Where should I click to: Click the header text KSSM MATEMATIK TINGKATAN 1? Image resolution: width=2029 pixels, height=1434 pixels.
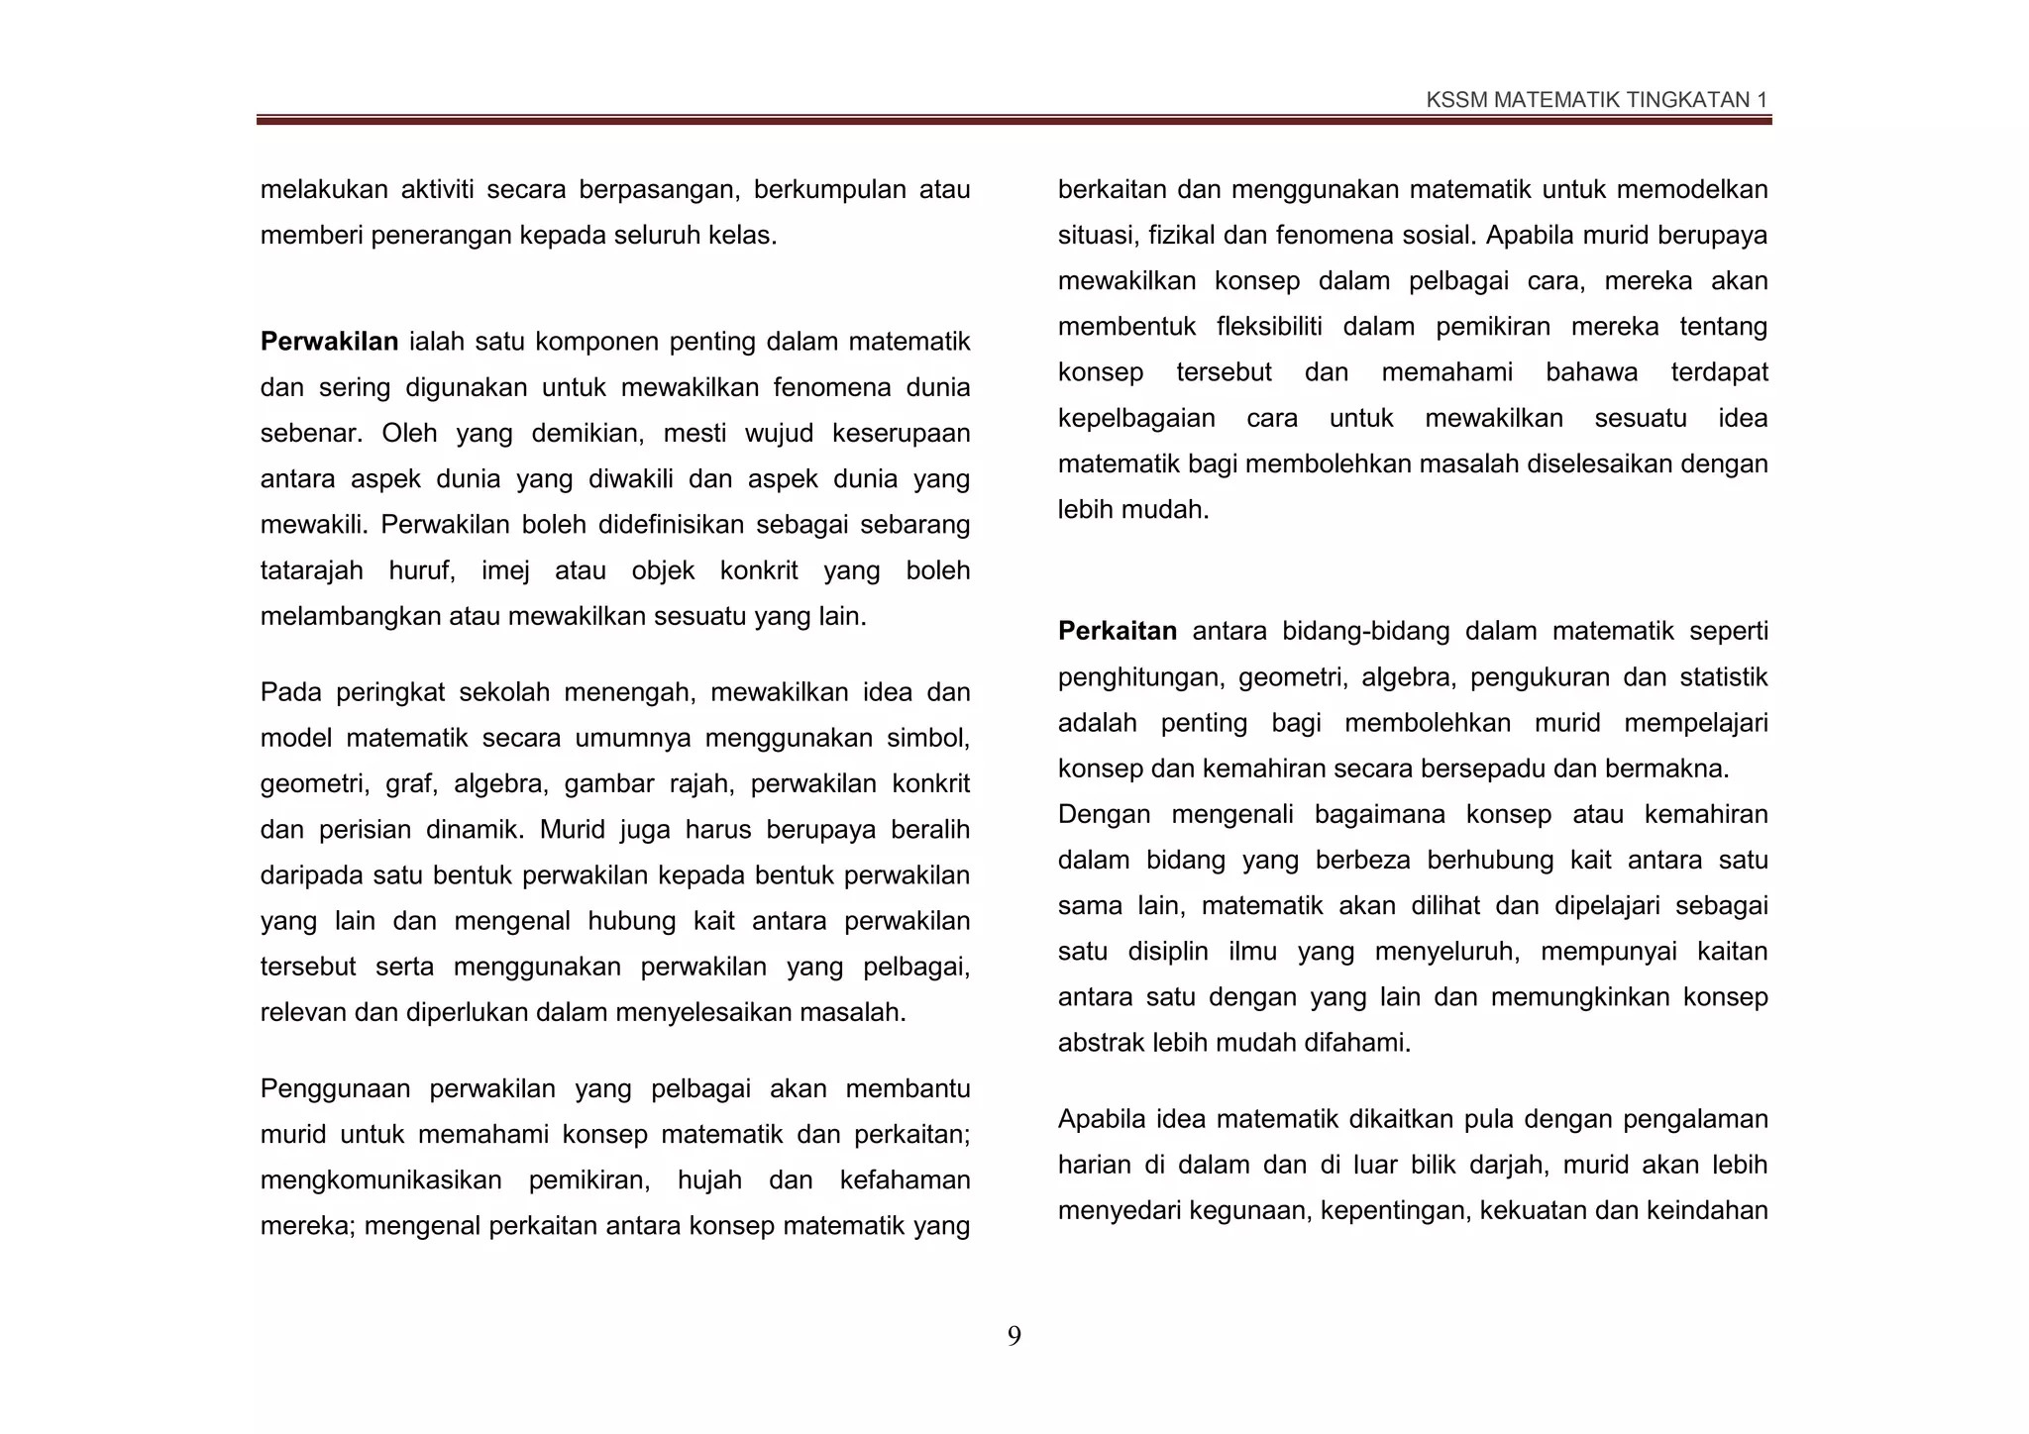[x=1596, y=100]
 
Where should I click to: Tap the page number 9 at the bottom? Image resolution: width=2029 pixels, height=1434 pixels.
[x=1014, y=1337]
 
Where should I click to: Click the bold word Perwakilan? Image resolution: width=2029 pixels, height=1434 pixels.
[x=329, y=343]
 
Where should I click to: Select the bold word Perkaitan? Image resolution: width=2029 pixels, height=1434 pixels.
[x=1117, y=632]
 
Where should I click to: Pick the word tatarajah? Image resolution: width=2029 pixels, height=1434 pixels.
[x=311, y=571]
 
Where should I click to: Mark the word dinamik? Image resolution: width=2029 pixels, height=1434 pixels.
[x=475, y=830]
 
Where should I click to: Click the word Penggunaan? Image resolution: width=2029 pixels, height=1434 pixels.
[x=334, y=1089]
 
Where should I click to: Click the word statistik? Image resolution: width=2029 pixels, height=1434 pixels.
[x=1724, y=677]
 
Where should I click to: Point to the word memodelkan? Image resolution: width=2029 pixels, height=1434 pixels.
[x=1693, y=190]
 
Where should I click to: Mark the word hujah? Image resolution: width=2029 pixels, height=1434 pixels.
[x=709, y=1180]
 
